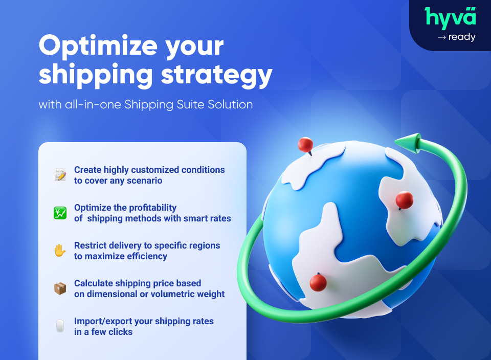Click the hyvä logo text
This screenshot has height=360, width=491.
click(450, 17)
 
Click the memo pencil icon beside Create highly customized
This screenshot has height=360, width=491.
click(60, 175)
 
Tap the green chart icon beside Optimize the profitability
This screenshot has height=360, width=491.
click(60, 213)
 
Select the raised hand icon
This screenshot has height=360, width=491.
click(60, 251)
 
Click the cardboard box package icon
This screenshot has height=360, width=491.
click(60, 288)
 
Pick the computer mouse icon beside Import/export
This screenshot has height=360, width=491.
click(60, 326)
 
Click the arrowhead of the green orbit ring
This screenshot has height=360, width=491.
click(407, 143)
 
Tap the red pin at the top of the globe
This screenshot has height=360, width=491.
click(305, 145)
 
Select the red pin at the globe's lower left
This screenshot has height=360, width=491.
click(318, 282)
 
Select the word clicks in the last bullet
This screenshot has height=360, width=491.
click(120, 332)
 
